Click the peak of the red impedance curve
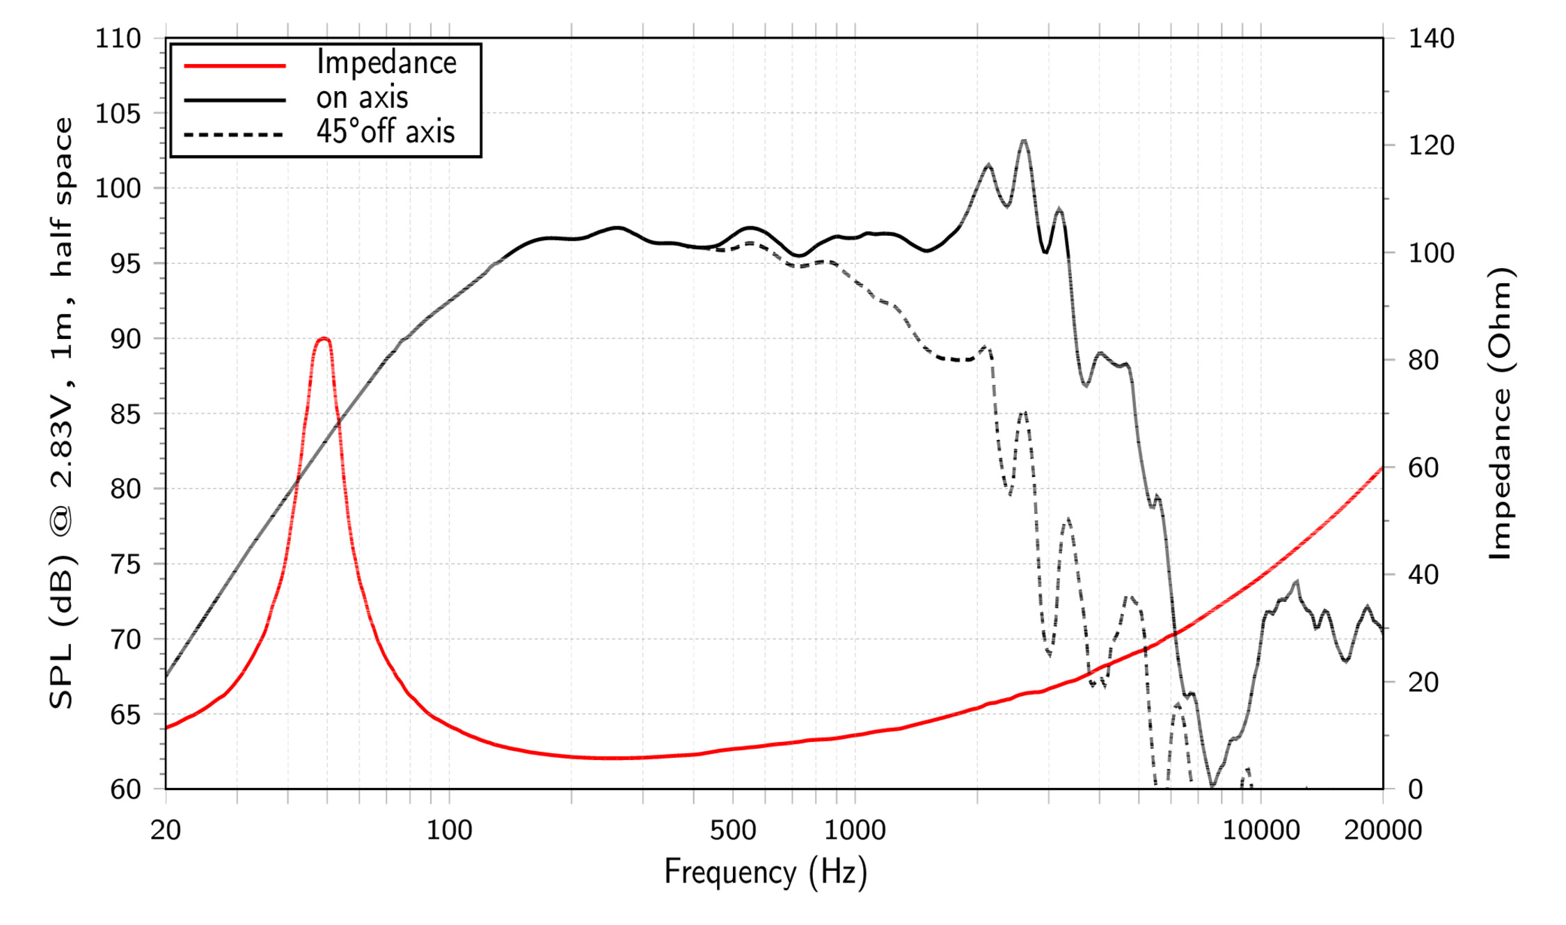[323, 339]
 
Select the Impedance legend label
[386, 63]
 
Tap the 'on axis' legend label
[362, 97]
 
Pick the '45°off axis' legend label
[386, 131]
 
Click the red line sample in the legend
[235, 65]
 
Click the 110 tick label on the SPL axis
[118, 38]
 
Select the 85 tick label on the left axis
[126, 414]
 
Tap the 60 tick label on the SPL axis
[126, 789]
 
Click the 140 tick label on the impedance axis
[1432, 38]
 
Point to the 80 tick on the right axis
[1424, 360]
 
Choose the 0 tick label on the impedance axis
[1416, 789]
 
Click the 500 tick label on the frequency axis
[733, 830]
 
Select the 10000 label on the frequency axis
[1261, 830]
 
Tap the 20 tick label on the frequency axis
[166, 830]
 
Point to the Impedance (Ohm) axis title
[1501, 413]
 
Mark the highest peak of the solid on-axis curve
[1023, 141]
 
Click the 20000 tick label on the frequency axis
[1383, 830]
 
